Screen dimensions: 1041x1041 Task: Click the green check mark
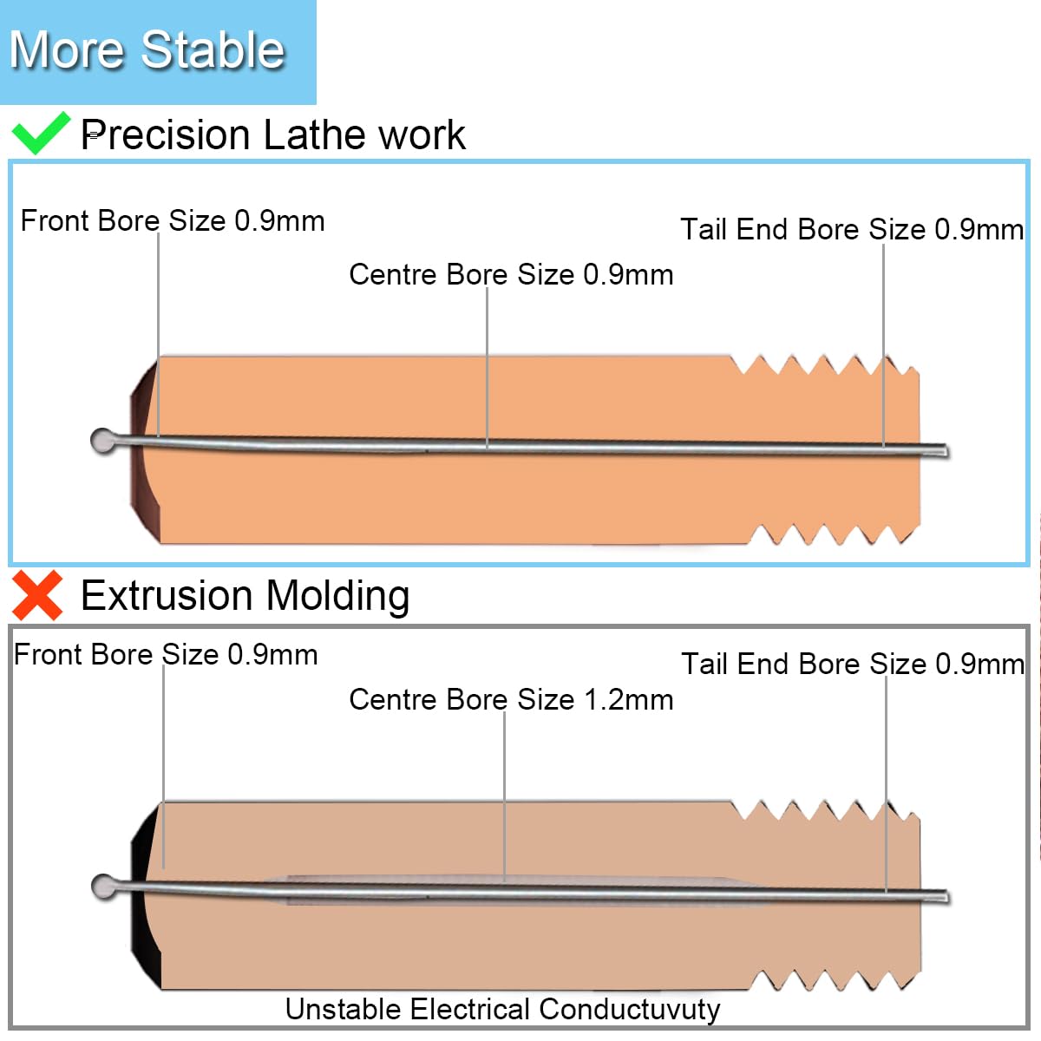pyautogui.click(x=41, y=134)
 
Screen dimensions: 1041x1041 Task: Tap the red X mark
pyautogui.click(x=37, y=595)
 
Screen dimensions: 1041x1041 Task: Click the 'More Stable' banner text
pyautogui.click(x=147, y=49)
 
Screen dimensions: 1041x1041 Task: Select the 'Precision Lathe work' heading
pyautogui.click(x=272, y=134)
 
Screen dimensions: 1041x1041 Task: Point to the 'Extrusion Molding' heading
pyautogui.click(x=246, y=596)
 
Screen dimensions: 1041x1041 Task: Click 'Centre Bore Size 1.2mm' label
pyautogui.click(x=511, y=699)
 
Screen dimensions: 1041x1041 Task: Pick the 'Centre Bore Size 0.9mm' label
pyautogui.click(x=511, y=274)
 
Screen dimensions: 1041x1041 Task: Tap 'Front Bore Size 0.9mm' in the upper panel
pyautogui.click(x=173, y=221)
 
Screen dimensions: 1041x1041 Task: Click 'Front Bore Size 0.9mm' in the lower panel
pyautogui.click(x=166, y=655)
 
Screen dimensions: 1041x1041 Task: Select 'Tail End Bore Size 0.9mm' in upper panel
pyautogui.click(x=852, y=230)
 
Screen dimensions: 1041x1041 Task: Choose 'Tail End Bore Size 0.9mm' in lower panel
pyautogui.click(x=853, y=664)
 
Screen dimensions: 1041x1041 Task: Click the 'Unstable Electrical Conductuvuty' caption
pyautogui.click(x=502, y=1009)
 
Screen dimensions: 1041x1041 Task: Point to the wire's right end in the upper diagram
pyautogui.click(x=946, y=450)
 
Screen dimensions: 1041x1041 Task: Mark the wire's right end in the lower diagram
pyautogui.click(x=947, y=897)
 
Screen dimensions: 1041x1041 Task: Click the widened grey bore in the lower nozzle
pyautogui.click(x=507, y=890)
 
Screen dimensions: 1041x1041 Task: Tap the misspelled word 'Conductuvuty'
pyautogui.click(x=629, y=1009)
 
